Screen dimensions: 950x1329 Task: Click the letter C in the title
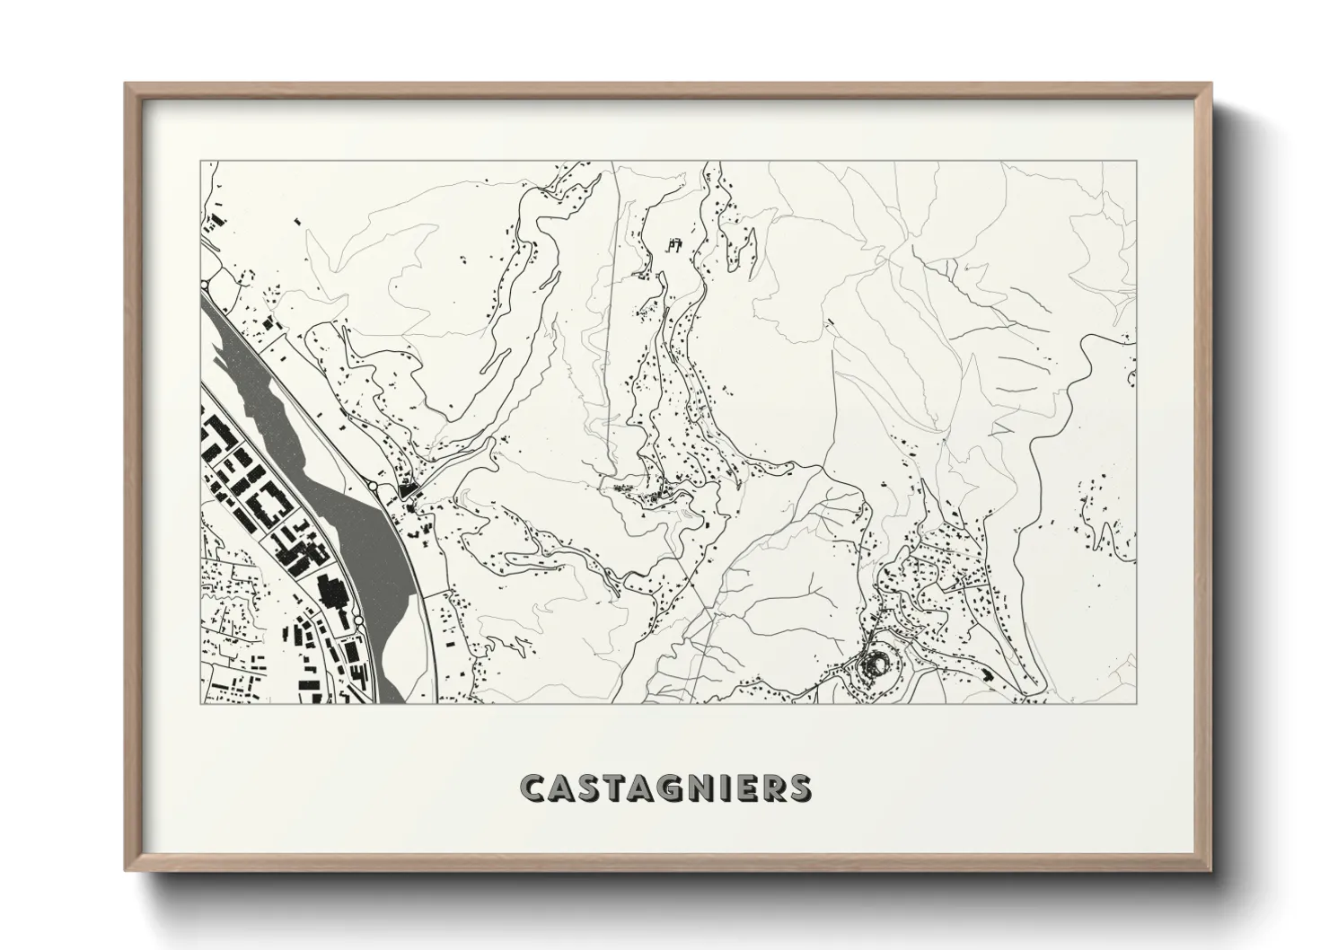pos(533,787)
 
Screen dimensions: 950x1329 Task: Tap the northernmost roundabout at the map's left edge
pos(206,285)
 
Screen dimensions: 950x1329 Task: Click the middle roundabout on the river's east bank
pos(373,486)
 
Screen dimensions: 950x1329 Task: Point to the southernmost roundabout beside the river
pos(358,621)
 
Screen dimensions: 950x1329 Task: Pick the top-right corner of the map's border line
pos(1135,162)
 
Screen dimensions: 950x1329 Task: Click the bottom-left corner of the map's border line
pos(200,703)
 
